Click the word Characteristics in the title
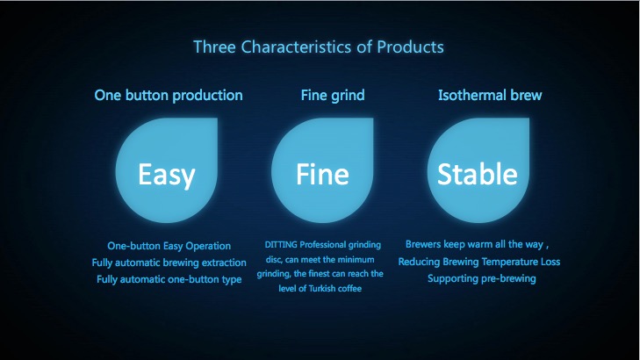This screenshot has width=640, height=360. point(296,47)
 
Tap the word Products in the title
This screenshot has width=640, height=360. point(410,47)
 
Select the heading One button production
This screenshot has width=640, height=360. point(169,96)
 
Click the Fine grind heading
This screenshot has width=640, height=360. point(333,96)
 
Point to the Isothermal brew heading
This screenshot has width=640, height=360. point(490,95)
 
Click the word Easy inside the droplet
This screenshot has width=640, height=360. point(167,175)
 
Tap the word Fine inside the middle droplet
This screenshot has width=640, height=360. point(322,174)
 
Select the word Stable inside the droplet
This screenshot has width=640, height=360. point(478,174)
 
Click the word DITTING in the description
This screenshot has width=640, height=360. point(281,244)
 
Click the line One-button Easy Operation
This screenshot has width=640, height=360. point(169,246)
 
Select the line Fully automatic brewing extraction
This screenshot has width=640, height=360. point(169,263)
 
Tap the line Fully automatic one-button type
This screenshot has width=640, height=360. point(169,279)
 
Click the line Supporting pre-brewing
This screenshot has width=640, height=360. point(482,278)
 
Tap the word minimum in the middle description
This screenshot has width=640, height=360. point(356,260)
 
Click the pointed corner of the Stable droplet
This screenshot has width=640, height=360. point(529,119)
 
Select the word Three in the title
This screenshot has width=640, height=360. point(214,47)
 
